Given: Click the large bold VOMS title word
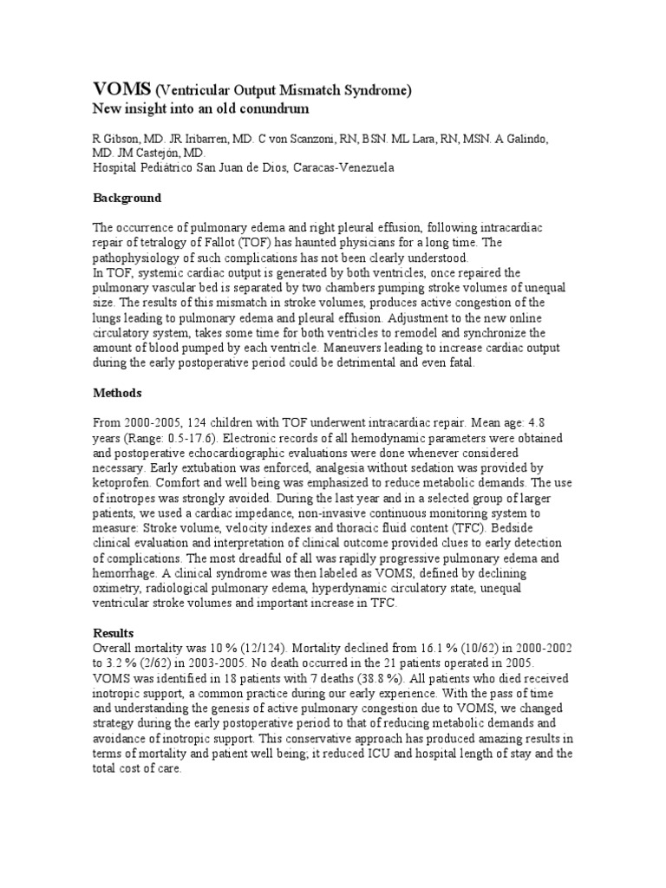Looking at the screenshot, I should tap(121, 89).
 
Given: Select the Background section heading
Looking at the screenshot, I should tap(127, 198).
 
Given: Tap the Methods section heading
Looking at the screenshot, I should tap(117, 393).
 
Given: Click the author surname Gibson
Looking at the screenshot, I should tap(123, 140).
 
